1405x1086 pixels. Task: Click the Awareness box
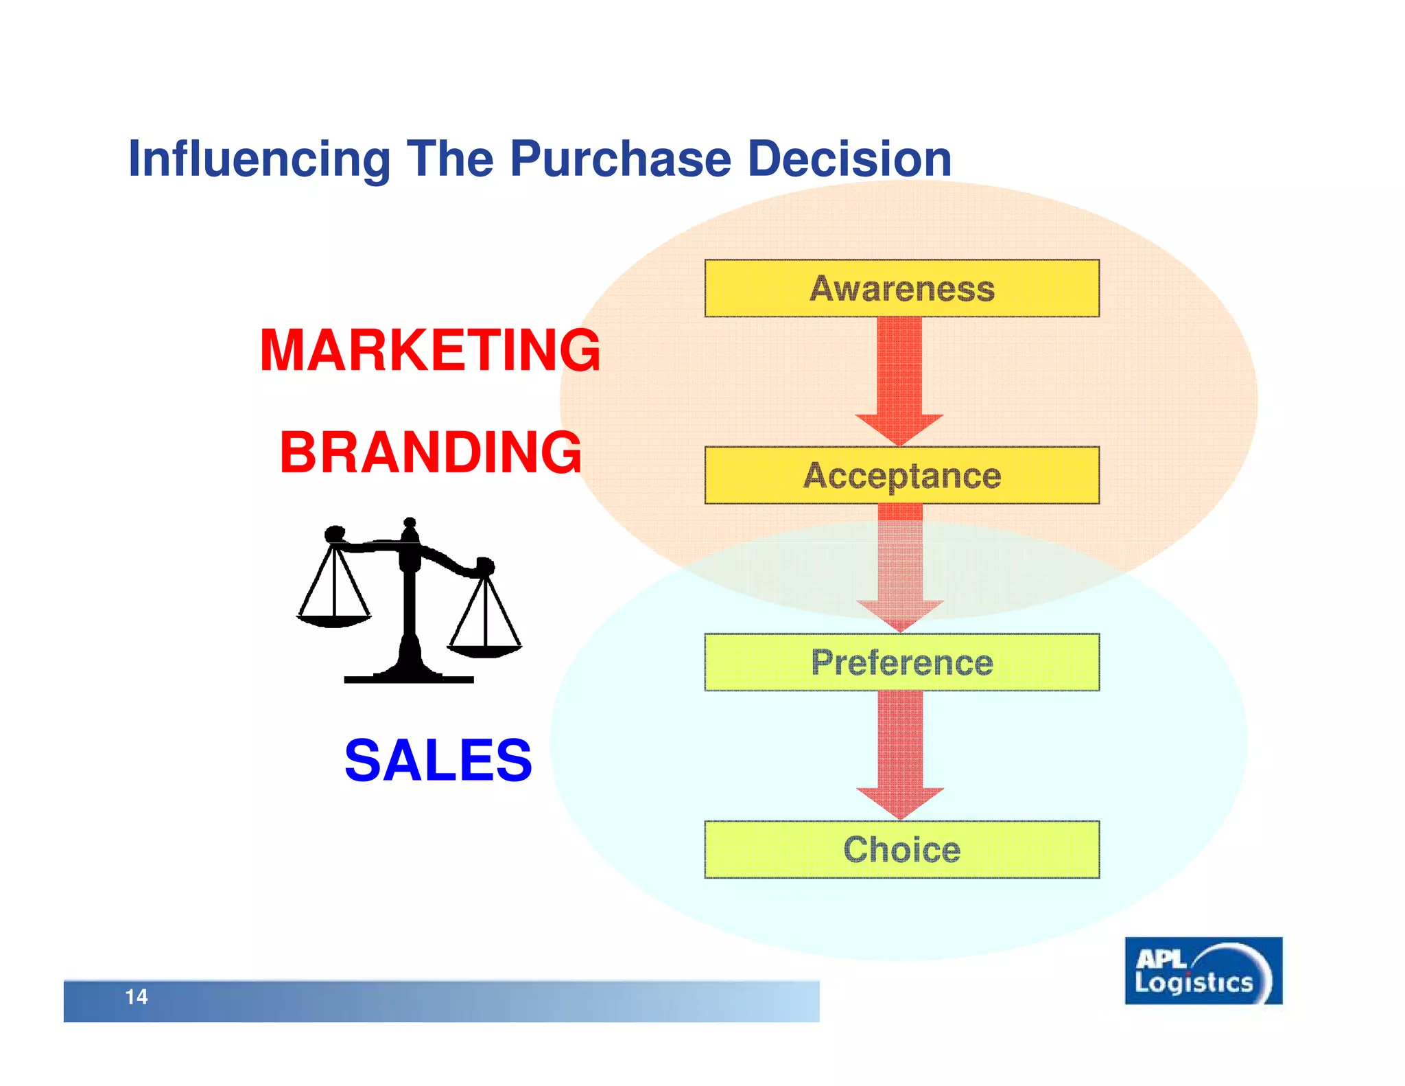(901, 288)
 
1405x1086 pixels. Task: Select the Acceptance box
(901, 475)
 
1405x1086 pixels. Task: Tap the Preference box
(901, 662)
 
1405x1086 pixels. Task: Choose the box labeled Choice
(901, 849)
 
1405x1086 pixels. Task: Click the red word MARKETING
(430, 350)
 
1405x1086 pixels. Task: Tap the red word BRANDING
(430, 452)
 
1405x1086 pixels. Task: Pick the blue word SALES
(438, 760)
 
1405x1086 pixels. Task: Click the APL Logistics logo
(1203, 971)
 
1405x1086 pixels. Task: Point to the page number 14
(136, 997)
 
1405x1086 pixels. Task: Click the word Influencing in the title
(259, 159)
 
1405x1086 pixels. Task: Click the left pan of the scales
(333, 620)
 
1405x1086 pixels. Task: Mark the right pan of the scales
(484, 649)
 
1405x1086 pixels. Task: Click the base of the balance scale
(409, 677)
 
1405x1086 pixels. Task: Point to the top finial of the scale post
(410, 523)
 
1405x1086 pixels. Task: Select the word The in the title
(449, 159)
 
